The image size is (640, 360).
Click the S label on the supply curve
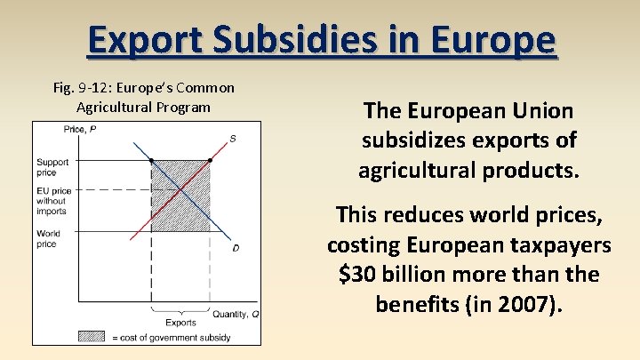click(x=233, y=138)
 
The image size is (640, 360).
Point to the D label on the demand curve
click(x=235, y=247)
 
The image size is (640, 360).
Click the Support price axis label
click(x=52, y=167)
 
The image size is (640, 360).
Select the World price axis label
click(x=48, y=238)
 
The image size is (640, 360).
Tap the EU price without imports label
click(x=52, y=201)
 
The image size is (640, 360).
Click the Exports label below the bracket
click(x=181, y=322)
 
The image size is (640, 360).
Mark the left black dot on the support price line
click(x=152, y=161)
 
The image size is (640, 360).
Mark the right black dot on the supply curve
click(x=210, y=161)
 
